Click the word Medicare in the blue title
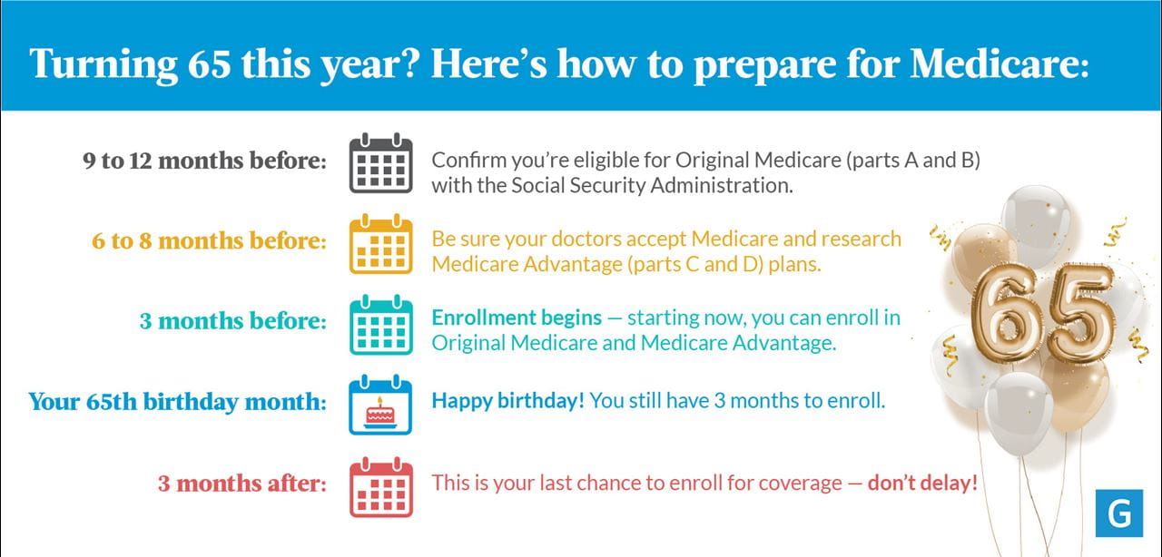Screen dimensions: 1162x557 pyautogui.click(x=1000, y=64)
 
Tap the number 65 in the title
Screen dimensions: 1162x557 pyautogui.click(x=209, y=64)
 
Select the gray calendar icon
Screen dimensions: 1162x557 pyautogui.click(x=380, y=163)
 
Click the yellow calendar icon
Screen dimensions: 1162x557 pyautogui.click(x=380, y=244)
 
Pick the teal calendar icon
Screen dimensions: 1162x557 pyautogui.click(x=380, y=325)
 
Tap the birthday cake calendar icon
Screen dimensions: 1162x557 pyautogui.click(x=380, y=405)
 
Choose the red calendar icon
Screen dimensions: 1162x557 pyautogui.click(x=380, y=487)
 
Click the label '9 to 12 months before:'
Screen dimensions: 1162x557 pyautogui.click(x=205, y=161)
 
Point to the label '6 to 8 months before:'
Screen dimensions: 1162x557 pyautogui.click(x=209, y=241)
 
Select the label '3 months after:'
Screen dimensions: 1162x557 pyautogui.click(x=242, y=484)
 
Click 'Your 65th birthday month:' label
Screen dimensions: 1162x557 pyautogui.click(x=177, y=402)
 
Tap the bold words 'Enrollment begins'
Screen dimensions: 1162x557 pyautogui.click(x=517, y=318)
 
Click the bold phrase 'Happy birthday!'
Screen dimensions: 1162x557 pyautogui.click(x=507, y=401)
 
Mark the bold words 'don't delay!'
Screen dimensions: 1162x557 pyautogui.click(x=923, y=484)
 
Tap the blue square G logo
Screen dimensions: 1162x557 pyautogui.click(x=1119, y=513)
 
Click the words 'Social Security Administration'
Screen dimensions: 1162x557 pyautogui.click(x=651, y=186)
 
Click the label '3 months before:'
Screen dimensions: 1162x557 pyautogui.click(x=233, y=321)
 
